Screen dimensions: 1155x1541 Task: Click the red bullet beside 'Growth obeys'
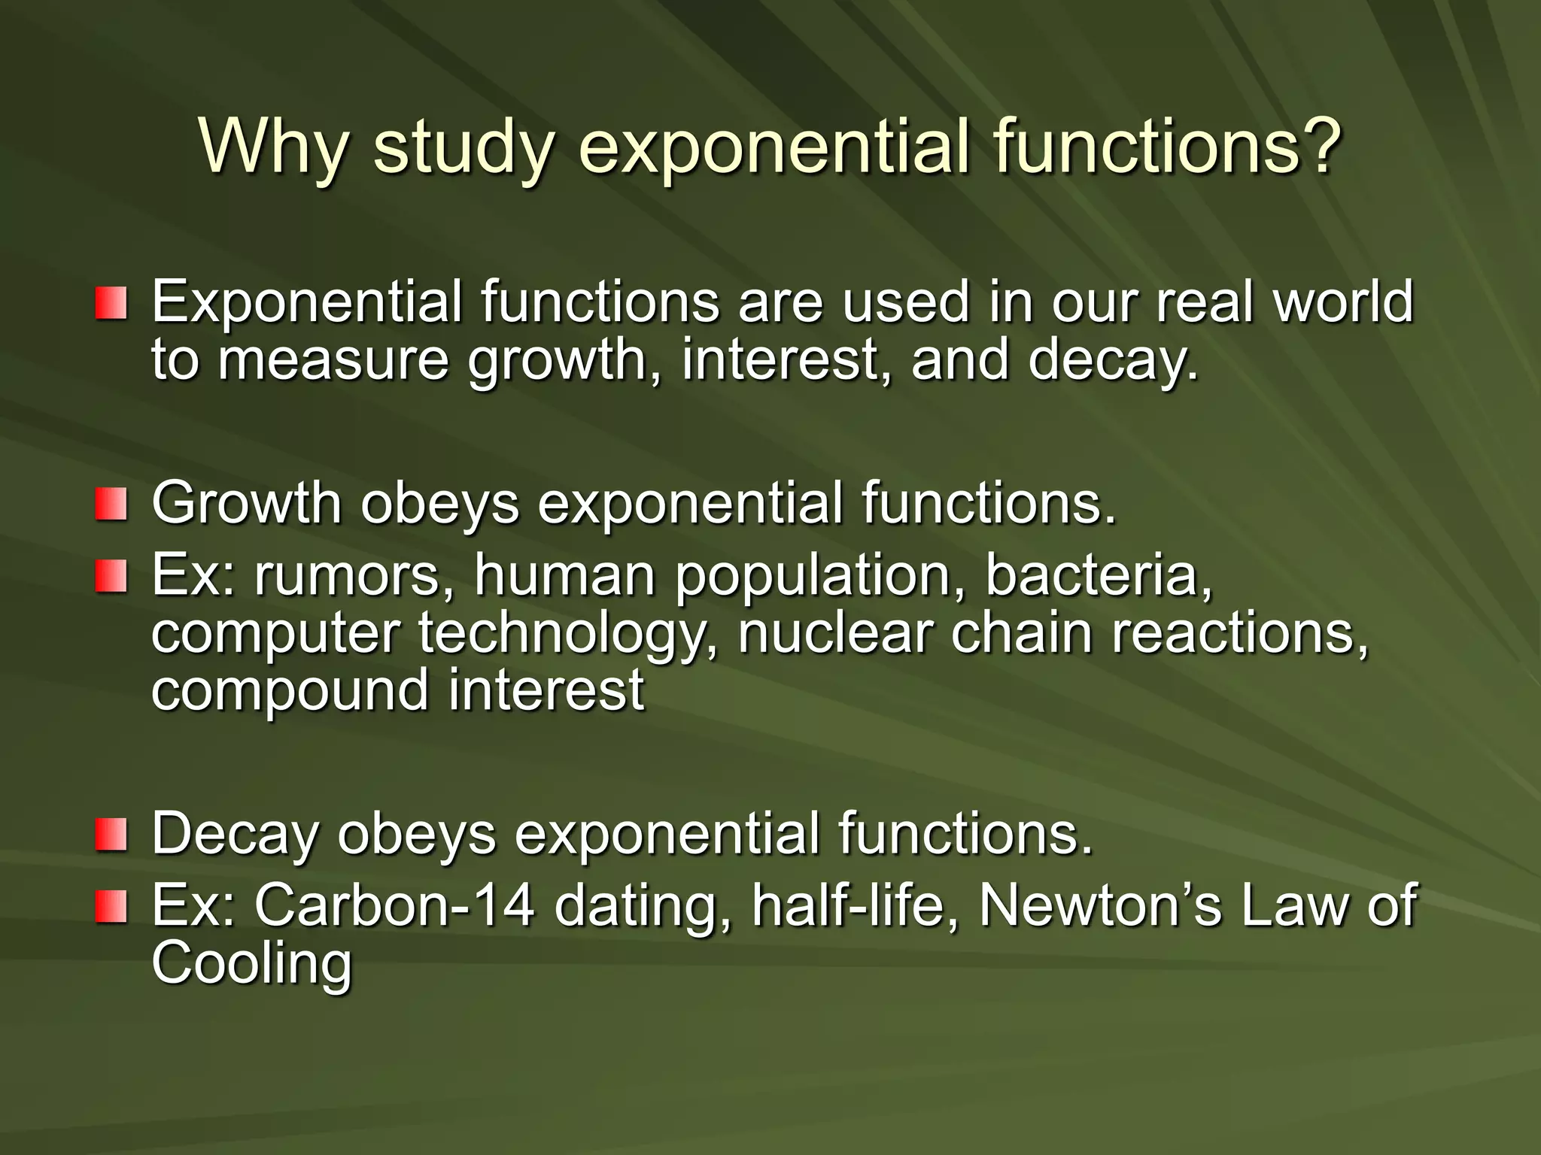click(111, 503)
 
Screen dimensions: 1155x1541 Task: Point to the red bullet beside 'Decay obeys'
click(111, 835)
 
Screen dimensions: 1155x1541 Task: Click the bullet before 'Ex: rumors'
click(111, 576)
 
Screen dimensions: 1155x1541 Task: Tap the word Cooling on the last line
click(251, 963)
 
